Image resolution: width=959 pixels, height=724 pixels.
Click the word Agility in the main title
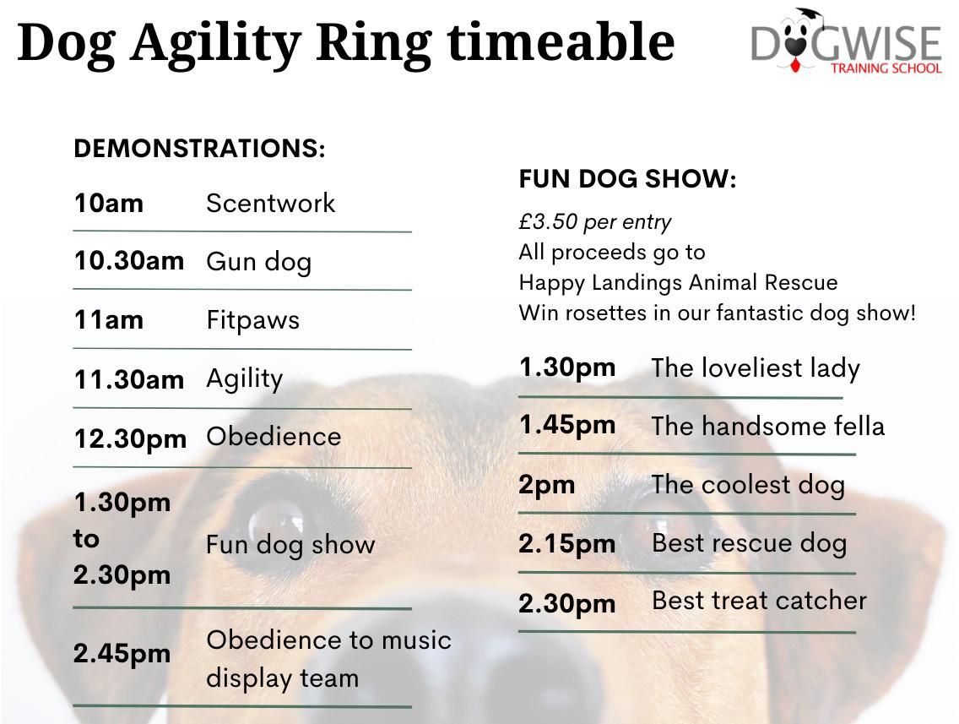point(216,44)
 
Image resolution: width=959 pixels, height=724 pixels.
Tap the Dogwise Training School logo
point(847,41)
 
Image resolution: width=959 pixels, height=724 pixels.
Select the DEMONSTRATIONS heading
point(199,148)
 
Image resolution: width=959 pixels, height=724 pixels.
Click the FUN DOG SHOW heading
point(627,179)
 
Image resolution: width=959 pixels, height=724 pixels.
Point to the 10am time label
point(109,204)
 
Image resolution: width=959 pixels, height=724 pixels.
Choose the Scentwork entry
point(271,204)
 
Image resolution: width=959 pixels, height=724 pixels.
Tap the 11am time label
point(109,320)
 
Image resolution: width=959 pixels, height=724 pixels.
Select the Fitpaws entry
point(253,321)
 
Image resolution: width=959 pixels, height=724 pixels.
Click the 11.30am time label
point(129,379)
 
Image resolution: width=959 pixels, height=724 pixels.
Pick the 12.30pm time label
point(130,438)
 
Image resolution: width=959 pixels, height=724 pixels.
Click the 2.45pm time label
point(122,654)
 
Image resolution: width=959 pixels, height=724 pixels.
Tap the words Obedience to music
point(329,640)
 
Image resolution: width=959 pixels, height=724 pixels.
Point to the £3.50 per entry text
point(595,222)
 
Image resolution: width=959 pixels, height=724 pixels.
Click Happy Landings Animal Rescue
point(678,283)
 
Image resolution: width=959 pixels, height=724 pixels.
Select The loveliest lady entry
point(756,368)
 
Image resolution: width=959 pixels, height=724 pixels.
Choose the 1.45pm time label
point(567,425)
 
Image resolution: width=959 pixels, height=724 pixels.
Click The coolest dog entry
point(749,485)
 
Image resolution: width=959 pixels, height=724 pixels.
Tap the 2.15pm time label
point(567,544)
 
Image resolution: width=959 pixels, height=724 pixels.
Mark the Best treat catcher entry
point(760,601)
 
